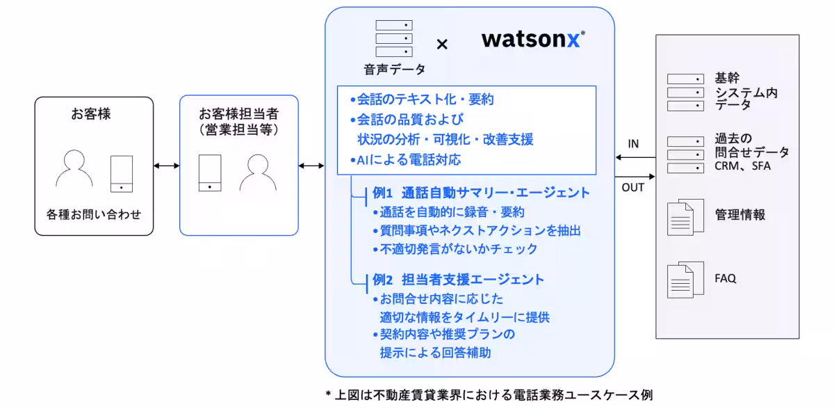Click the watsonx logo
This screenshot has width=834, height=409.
(x=532, y=39)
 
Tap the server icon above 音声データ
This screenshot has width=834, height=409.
(x=393, y=39)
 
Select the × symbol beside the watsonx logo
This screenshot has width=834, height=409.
(x=442, y=45)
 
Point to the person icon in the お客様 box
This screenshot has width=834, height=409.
(x=74, y=168)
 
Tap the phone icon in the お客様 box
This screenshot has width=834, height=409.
(x=122, y=173)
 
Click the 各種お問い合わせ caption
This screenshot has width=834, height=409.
(x=94, y=214)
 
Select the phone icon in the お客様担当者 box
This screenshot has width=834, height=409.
(x=210, y=172)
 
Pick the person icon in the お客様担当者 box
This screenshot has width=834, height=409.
(x=258, y=173)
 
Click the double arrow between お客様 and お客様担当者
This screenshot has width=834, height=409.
(x=167, y=166)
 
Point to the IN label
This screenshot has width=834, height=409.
(x=633, y=145)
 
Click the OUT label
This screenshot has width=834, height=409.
(x=632, y=187)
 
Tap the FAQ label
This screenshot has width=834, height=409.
(x=725, y=278)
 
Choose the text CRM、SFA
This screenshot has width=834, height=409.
(x=742, y=166)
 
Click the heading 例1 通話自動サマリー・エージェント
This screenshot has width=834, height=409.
(x=481, y=193)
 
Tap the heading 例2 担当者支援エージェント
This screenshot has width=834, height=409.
(x=458, y=280)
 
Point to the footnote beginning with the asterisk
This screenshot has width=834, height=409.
(x=489, y=394)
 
